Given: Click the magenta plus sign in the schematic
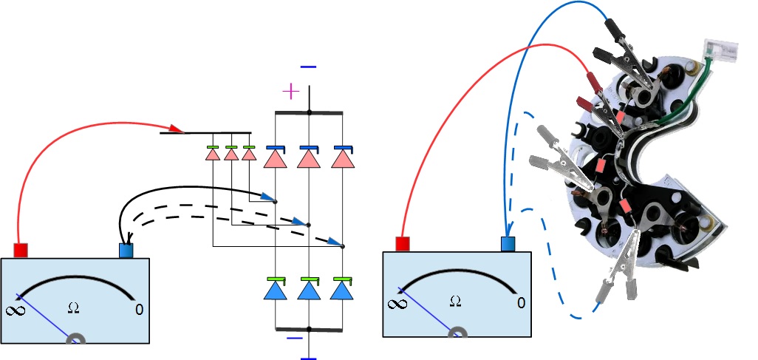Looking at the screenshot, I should (x=292, y=92).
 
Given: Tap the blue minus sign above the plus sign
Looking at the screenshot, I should (x=308, y=67).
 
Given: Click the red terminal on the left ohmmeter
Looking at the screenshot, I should (x=21, y=250).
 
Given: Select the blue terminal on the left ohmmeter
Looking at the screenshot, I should (x=126, y=250).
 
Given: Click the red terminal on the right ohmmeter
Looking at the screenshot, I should (x=403, y=244).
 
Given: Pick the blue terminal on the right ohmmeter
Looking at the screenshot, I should (x=508, y=244).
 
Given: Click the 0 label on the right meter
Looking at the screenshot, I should (x=522, y=302).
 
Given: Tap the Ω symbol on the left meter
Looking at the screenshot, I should (x=72, y=307).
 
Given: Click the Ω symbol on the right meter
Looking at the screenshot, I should (x=455, y=301).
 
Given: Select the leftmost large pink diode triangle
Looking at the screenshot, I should (x=275, y=159).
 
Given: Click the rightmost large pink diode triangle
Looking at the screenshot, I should (x=341, y=159).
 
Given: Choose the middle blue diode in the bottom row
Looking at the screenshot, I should (x=308, y=290).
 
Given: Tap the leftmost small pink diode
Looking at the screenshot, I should (x=213, y=156).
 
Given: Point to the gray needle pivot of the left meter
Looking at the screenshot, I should (x=76, y=339).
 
